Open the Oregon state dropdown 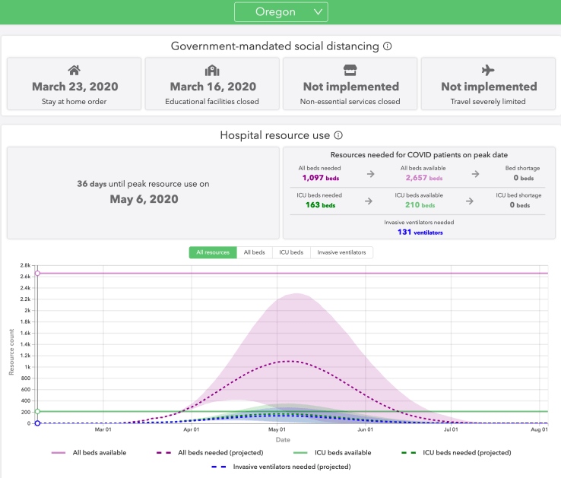pos(280,11)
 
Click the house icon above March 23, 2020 pos(74,71)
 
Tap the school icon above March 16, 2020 pos(212,71)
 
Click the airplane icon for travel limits pos(489,71)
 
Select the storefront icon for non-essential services pos(350,71)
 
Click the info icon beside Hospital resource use pos(338,135)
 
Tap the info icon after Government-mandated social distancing pos(387,46)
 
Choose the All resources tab pos(212,252)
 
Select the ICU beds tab pos(291,252)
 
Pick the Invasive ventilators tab pos(341,252)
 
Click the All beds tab pos(253,252)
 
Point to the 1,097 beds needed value pos(319,177)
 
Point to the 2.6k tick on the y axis pos(25,277)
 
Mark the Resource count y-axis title pos(11,352)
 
